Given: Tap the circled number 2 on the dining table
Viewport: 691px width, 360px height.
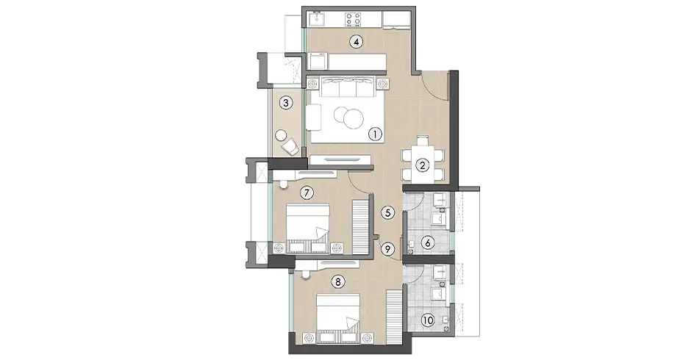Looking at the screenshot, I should point(422,165).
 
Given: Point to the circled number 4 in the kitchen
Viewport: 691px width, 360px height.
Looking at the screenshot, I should point(356,42).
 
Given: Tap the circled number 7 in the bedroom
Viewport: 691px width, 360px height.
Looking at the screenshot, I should point(308,192).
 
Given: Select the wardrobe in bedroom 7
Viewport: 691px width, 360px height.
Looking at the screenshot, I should point(360,226).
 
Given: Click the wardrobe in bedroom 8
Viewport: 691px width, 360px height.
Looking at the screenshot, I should point(395,314).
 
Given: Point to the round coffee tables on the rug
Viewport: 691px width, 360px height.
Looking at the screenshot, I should point(348,118).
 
